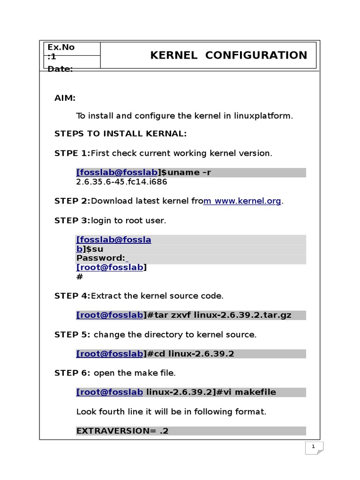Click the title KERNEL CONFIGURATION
pos(228,55)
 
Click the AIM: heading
pos(65,98)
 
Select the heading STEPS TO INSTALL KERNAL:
pos(120,134)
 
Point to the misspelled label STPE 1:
pos(72,153)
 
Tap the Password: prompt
pos(100,258)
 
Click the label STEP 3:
pos(72,220)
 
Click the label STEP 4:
pos(72,296)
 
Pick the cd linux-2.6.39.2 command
pos(194,354)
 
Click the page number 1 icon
pos(314,448)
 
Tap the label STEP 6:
pos(73,373)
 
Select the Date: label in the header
pos(60,69)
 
